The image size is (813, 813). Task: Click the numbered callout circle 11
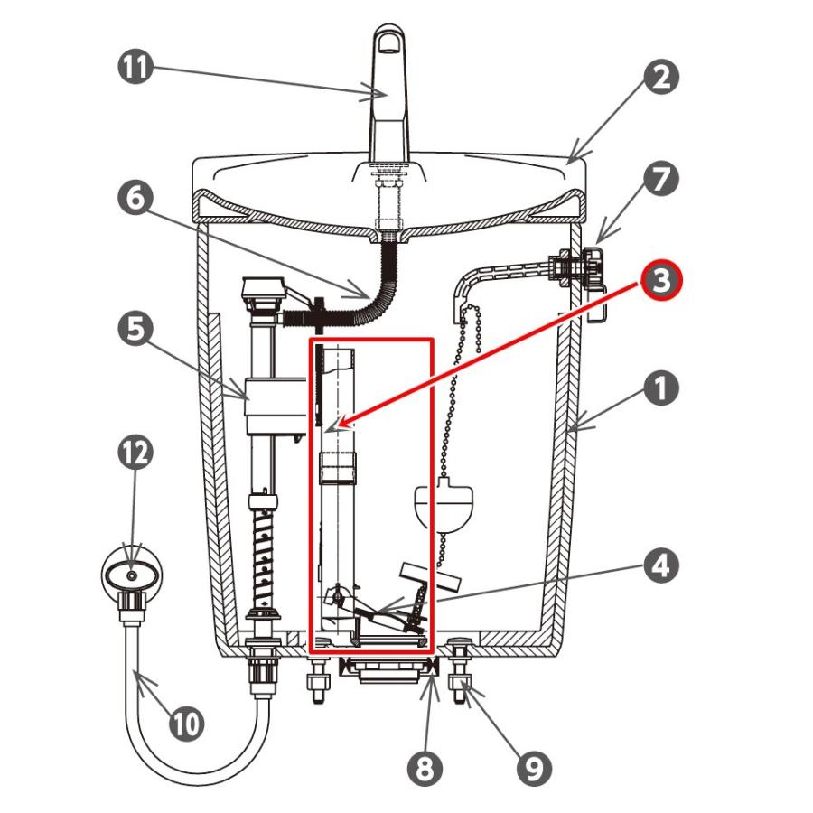135,67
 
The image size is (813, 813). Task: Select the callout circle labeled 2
661,78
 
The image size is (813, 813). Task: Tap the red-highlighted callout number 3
661,280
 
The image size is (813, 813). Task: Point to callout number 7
661,179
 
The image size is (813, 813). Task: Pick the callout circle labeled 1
661,388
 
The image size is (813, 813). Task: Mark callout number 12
135,453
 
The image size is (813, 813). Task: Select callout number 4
661,565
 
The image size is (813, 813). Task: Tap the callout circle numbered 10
187,724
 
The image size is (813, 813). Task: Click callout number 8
425,769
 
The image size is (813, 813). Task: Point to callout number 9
534,769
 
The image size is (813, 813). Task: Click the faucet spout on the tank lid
390,93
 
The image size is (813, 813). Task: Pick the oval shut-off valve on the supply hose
132,575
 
